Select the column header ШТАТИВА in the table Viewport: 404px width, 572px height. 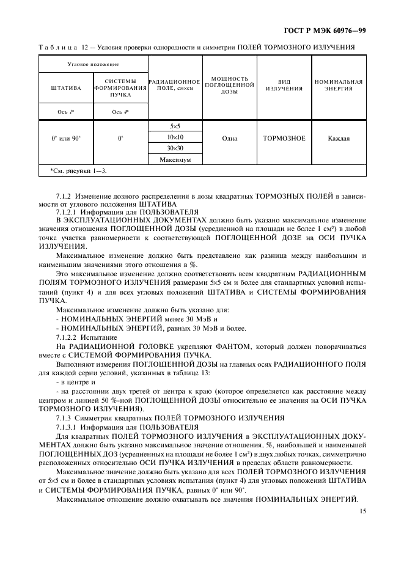66,88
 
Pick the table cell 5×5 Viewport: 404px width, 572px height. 175,127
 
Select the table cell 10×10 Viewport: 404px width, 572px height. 175,137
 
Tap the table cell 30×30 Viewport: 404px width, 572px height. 175,148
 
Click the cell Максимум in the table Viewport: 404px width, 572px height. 175,159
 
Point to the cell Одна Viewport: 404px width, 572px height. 229,138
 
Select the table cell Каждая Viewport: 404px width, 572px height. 339,138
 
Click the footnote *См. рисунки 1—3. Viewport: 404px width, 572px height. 78,170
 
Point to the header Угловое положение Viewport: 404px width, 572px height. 93,64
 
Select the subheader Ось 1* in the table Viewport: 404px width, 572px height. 66,112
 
